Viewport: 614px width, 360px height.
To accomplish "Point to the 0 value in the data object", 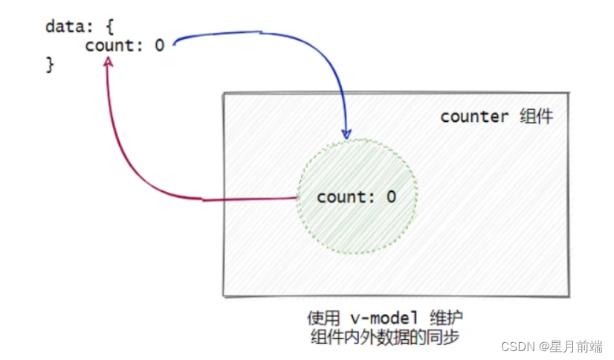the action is tap(159, 45).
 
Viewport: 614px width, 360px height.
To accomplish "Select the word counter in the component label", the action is tap(474, 117).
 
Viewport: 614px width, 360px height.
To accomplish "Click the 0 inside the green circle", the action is tap(391, 197).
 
